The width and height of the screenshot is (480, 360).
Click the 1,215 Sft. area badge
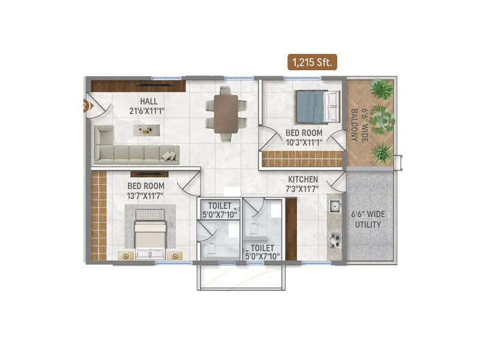click(x=313, y=61)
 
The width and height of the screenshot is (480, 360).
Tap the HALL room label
click(x=149, y=101)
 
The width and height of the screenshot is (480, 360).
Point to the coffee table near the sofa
click(x=146, y=130)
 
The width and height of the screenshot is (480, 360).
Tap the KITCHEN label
click(x=303, y=179)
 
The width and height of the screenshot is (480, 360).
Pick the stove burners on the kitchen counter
click(x=334, y=240)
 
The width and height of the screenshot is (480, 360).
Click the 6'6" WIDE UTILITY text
click(x=368, y=219)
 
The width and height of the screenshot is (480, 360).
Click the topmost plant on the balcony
click(x=381, y=89)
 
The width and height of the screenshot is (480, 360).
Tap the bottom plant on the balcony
click(x=381, y=152)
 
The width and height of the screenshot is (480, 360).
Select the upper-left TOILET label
click(x=220, y=205)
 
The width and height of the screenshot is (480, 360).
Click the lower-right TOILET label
click(x=262, y=247)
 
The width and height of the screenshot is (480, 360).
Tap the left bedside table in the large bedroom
click(x=125, y=255)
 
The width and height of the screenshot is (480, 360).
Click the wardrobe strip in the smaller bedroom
click(x=302, y=158)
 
